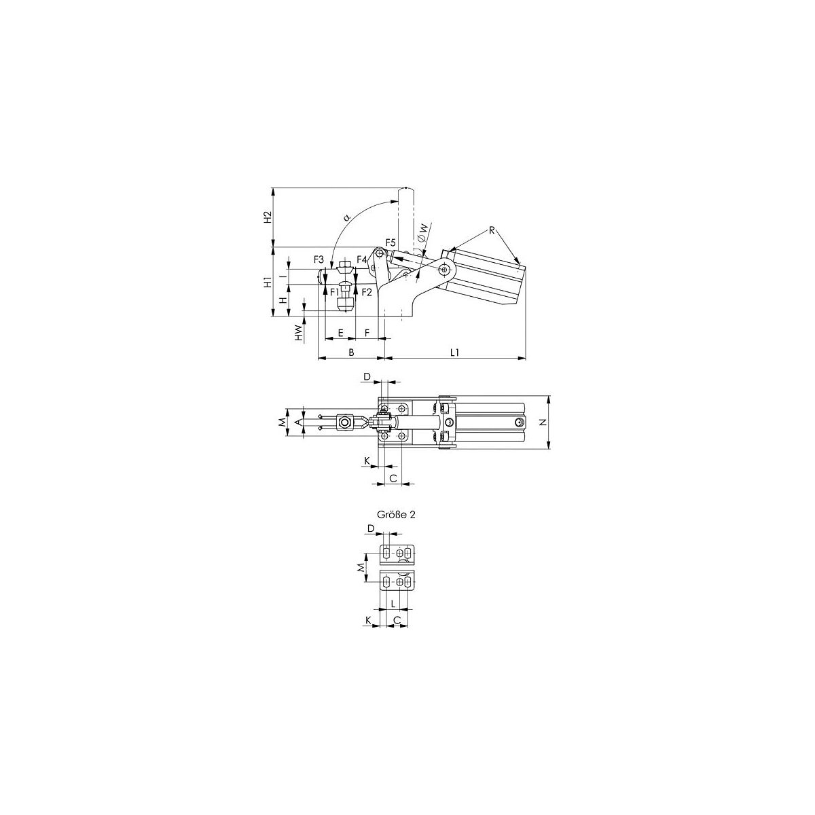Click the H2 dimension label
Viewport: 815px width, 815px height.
268,217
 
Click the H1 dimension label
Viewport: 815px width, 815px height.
268,282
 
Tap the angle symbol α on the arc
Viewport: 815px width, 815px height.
347,218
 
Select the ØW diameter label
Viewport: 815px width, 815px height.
422,232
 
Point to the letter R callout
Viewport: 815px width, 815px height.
492,230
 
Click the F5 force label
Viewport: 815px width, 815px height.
391,242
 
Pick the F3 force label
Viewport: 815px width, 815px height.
319,259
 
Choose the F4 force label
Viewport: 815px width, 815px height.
361,259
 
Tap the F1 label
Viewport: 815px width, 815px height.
335,291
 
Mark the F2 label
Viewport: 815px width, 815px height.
367,291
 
